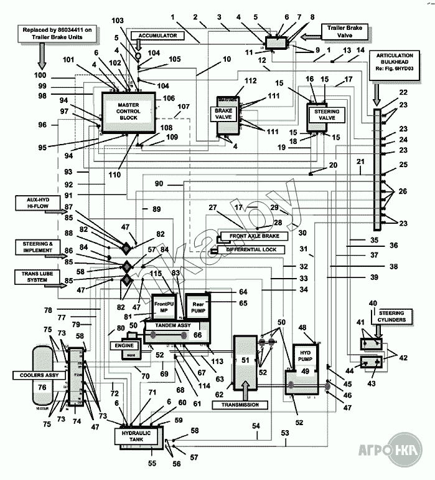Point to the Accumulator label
pos(158,36)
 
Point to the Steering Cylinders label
pos(392,316)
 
